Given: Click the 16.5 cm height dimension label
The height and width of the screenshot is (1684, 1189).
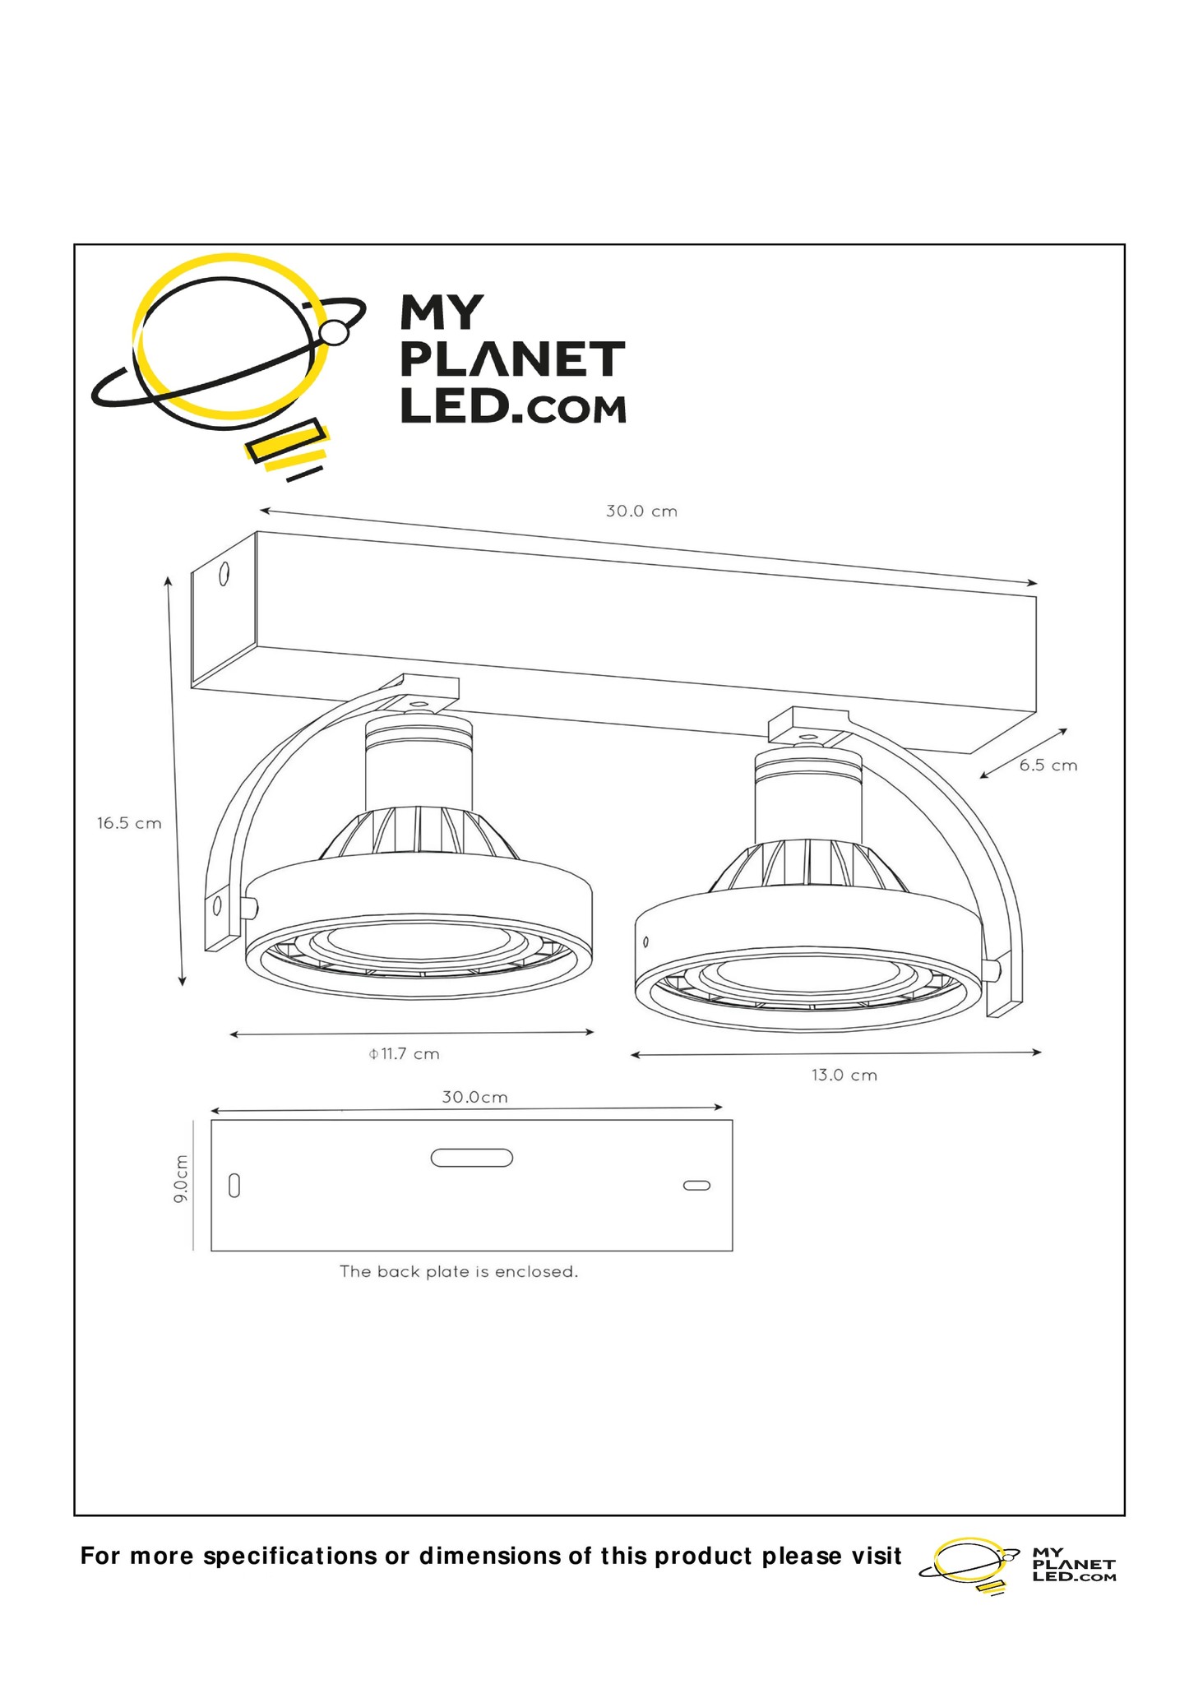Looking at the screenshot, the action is [x=129, y=823].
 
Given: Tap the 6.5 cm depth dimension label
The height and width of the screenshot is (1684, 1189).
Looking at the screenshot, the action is [x=1048, y=766].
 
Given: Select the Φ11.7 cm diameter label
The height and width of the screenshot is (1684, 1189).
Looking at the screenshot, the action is [x=404, y=1054].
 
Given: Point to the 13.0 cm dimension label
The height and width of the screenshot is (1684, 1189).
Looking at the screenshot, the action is [x=844, y=1076].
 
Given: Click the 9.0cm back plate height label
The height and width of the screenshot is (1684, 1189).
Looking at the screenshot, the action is [x=181, y=1179].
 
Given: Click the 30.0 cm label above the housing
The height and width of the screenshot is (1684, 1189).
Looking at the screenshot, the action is [x=641, y=511].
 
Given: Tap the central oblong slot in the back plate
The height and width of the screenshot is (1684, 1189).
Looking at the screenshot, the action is [x=472, y=1158].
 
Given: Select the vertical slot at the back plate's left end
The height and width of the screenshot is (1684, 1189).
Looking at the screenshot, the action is [x=234, y=1186].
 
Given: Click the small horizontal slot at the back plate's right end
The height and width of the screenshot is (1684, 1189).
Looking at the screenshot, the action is [x=696, y=1186].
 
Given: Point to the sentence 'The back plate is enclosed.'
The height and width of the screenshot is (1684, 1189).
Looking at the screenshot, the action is [x=459, y=1272].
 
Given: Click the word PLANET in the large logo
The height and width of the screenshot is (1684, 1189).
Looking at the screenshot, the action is [x=513, y=360].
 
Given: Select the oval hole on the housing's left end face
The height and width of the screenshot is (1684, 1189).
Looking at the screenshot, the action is [x=223, y=574].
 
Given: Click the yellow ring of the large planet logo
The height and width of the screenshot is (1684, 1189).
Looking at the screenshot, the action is [x=164, y=280].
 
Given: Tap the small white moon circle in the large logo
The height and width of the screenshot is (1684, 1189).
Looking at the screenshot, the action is [x=335, y=332].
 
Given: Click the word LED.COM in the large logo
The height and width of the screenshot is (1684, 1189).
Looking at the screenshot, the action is [x=513, y=408].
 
